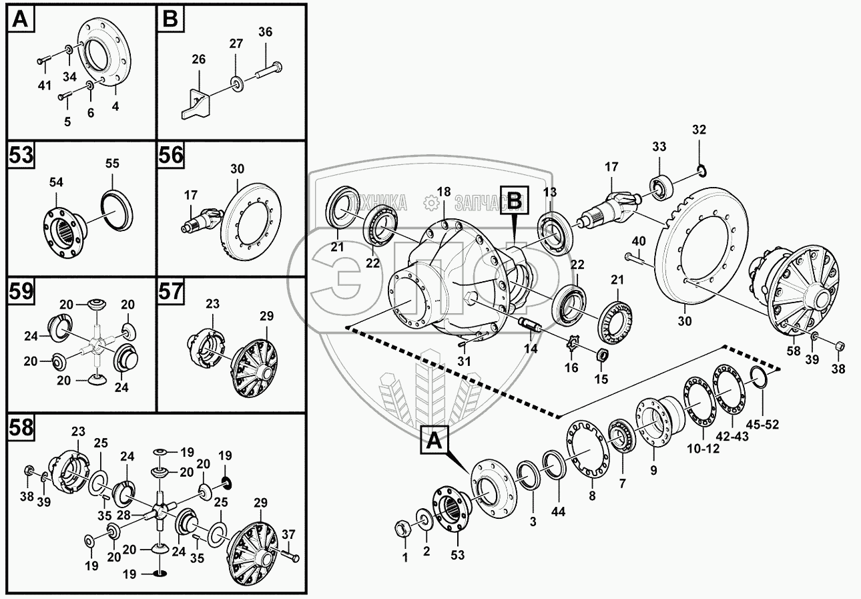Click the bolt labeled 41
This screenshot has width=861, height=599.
click(43, 61)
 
